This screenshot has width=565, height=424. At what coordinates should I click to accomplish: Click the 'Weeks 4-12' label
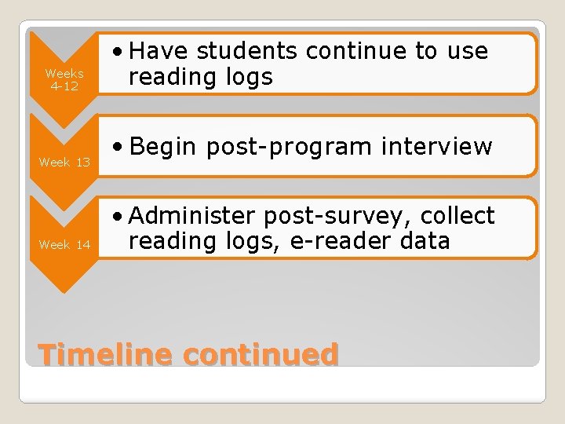coord(64,79)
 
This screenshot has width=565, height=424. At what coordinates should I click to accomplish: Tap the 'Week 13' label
coord(64,162)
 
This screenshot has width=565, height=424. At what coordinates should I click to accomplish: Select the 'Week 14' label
coord(64,244)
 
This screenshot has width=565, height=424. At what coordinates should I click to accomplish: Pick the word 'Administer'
coord(193,215)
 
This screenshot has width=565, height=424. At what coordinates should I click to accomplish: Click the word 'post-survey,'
coord(341,215)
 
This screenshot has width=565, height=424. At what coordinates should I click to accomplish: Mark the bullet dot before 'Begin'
coord(118,147)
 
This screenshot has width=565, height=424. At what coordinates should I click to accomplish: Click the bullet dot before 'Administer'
coord(118,216)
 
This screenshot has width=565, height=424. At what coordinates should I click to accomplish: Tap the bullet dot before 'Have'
coord(118,52)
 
